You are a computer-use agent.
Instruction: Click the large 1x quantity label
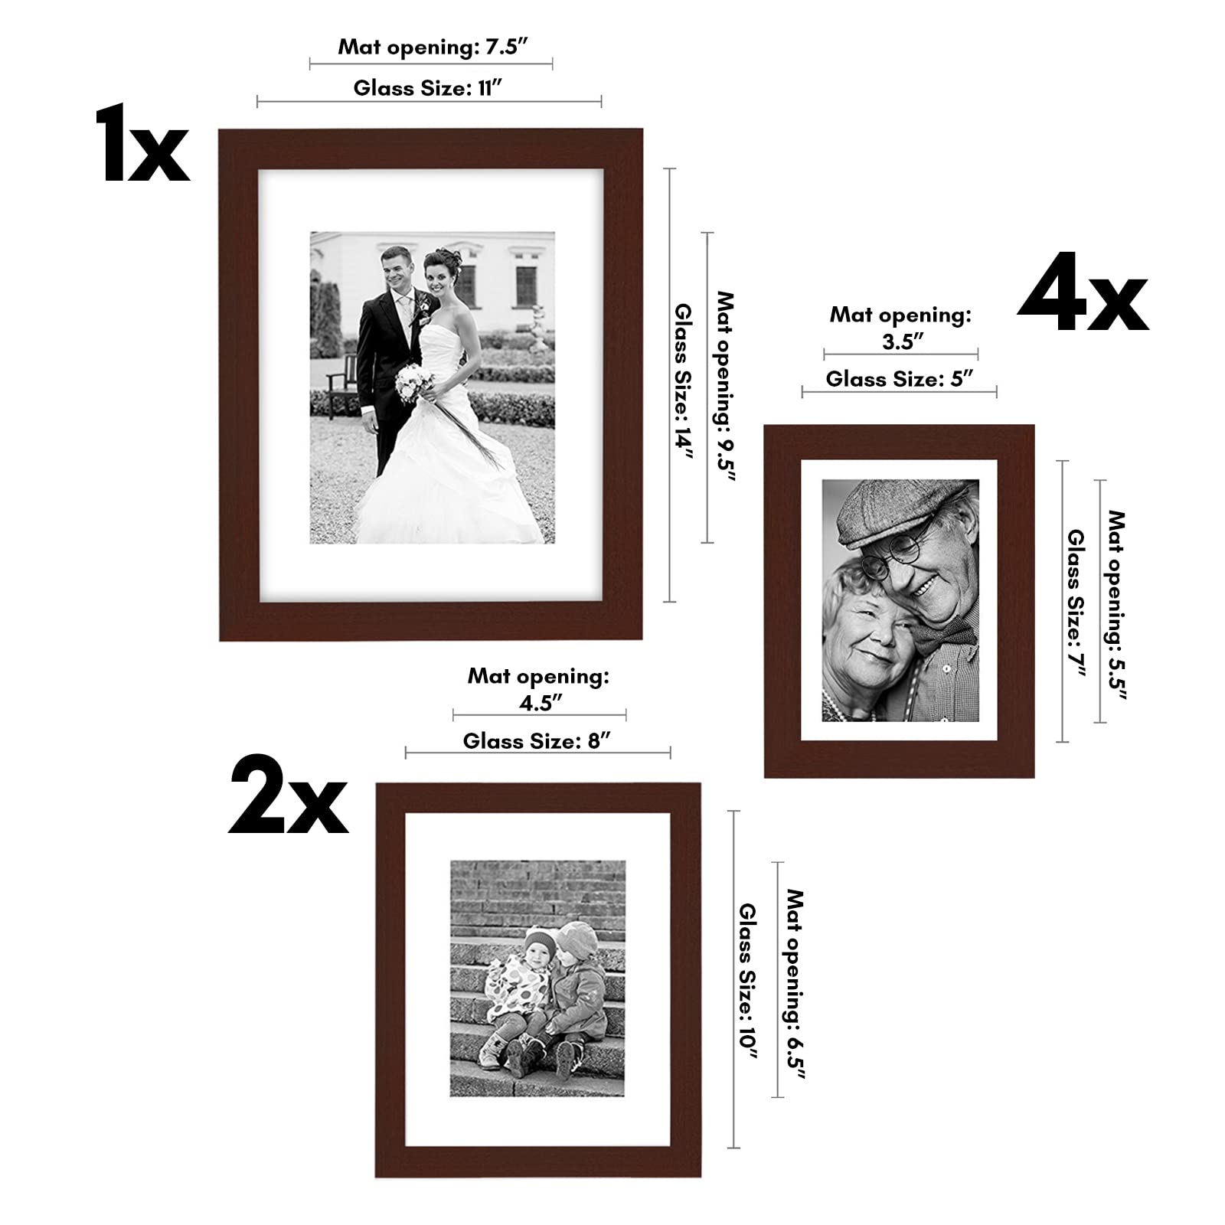click(142, 145)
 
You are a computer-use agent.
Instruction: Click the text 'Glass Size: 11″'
click(428, 88)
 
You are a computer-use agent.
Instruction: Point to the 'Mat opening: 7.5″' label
click(433, 47)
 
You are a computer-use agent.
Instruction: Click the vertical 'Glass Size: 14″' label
click(683, 381)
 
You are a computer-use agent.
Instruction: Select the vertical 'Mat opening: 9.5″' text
click(724, 387)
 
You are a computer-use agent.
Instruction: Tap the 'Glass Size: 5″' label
click(899, 379)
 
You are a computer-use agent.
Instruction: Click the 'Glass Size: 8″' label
click(537, 741)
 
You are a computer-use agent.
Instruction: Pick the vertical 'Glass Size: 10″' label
click(747, 982)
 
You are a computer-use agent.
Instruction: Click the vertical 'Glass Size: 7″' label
click(1076, 603)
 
